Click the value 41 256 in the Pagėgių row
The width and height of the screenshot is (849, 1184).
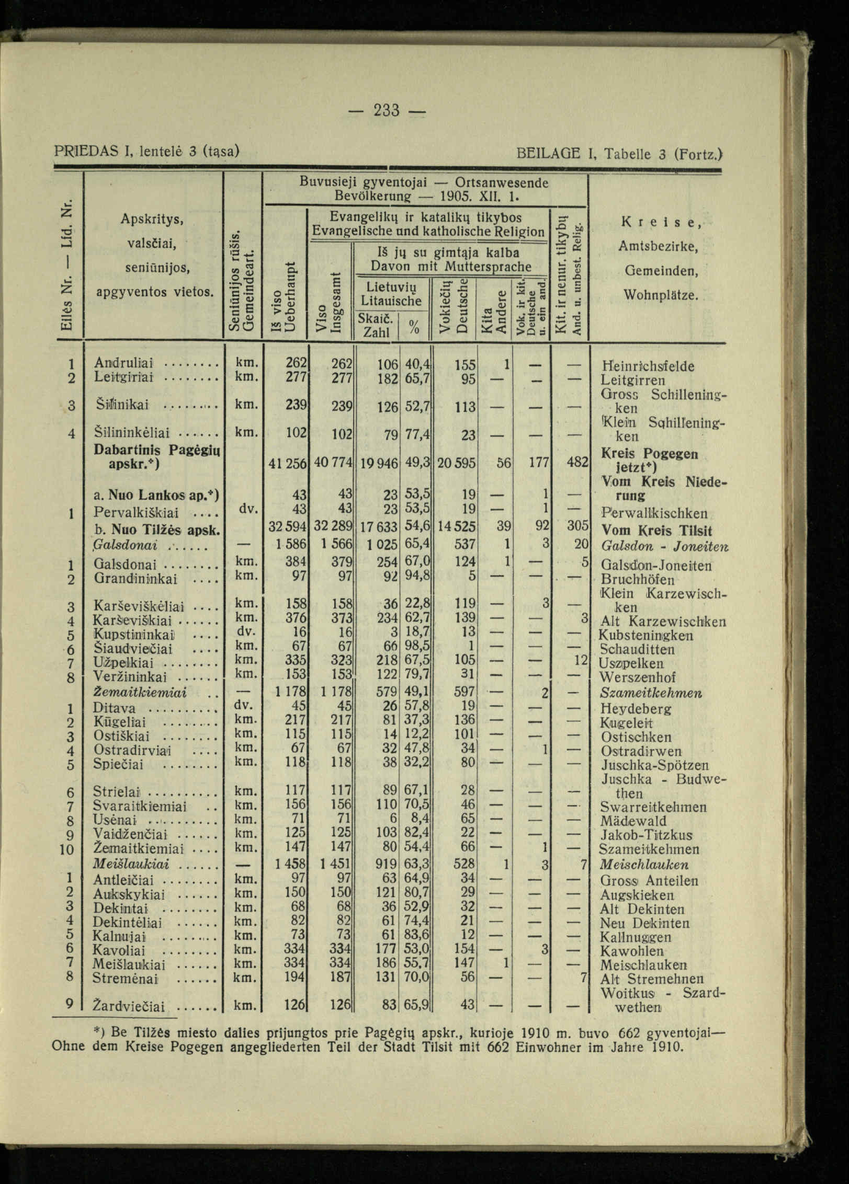click(287, 463)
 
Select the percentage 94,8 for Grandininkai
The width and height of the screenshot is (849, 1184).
click(417, 578)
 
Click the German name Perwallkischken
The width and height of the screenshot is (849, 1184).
click(654, 513)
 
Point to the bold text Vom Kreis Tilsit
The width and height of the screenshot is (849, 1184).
click(657, 531)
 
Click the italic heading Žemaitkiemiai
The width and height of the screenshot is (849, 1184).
click(140, 693)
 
